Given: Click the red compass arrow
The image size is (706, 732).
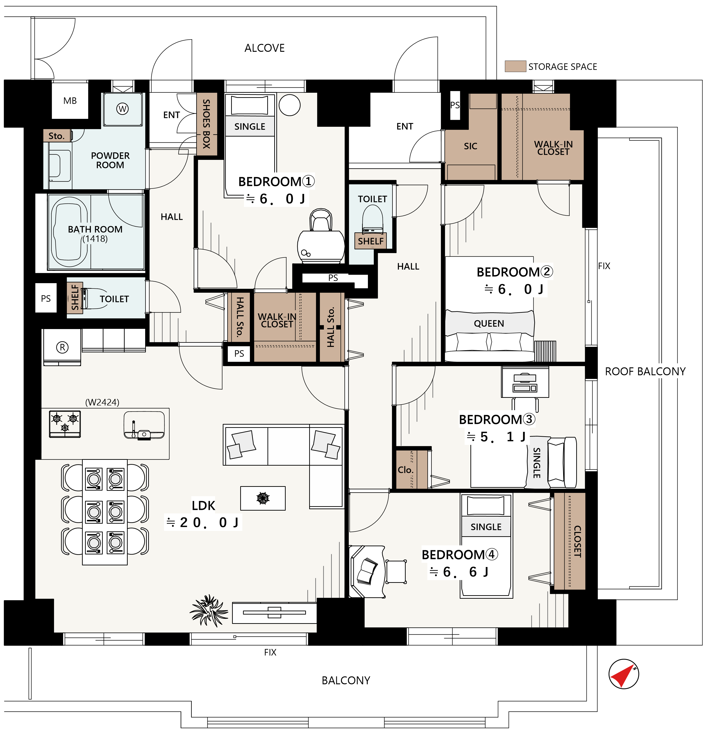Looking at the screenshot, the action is (623, 676).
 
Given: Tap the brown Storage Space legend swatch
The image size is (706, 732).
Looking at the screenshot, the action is (515, 66).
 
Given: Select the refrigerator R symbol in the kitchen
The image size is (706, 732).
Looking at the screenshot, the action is (62, 347).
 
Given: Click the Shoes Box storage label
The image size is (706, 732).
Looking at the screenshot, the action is (206, 124).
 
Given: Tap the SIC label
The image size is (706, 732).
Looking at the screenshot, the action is (470, 146).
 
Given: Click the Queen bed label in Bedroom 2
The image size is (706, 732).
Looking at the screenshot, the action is (489, 323).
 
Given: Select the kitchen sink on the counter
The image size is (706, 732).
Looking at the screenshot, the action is (144, 425).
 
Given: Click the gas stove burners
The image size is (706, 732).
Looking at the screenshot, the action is (65, 423).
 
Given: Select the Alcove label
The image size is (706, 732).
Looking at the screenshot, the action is (264, 48).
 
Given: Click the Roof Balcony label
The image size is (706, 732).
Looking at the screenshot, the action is (645, 372).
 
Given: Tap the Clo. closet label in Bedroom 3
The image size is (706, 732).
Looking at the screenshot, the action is (405, 470).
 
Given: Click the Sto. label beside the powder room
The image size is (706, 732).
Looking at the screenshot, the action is (56, 136).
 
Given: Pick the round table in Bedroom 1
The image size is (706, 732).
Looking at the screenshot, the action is (289, 105).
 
